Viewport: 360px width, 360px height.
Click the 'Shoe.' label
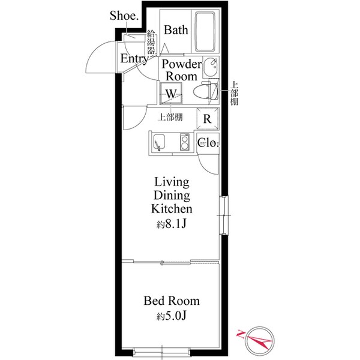[x=124, y=16]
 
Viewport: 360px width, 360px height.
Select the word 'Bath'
[x=176, y=30]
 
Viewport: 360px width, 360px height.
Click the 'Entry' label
[x=134, y=59]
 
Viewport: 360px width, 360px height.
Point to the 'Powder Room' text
[x=181, y=70]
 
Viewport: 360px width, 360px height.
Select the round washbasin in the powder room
[x=211, y=67]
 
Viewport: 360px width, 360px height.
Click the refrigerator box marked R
[x=207, y=118]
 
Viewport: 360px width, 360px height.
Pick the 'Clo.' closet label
[x=208, y=143]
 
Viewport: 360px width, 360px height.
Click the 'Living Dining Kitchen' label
[x=172, y=196]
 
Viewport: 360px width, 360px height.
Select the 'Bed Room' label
[x=172, y=301]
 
